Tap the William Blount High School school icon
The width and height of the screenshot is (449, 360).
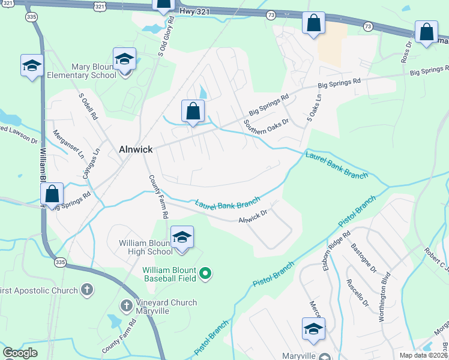(x=182, y=237)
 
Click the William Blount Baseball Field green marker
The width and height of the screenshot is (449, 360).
(x=206, y=274)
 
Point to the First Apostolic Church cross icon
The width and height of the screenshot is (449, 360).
(x=87, y=290)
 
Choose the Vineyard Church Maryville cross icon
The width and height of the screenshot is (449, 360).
(x=127, y=306)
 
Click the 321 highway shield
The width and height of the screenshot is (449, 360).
(x=101, y=5)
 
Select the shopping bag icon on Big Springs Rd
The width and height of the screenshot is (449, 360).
(x=193, y=111)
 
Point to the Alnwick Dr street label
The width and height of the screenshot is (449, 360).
(x=252, y=216)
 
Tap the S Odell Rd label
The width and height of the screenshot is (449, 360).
(x=88, y=106)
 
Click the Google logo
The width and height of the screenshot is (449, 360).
(x=20, y=353)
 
